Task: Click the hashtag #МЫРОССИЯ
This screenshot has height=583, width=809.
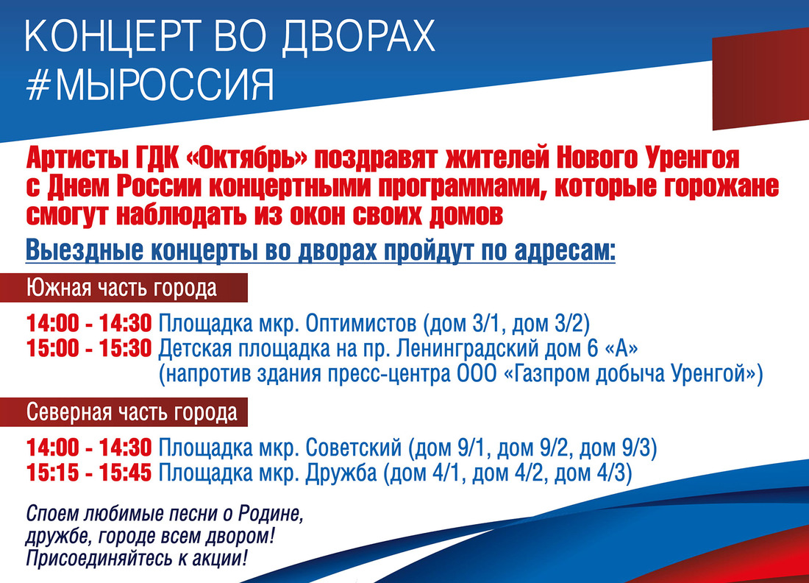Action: point(149,85)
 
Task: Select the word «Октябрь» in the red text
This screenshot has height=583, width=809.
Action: point(246,158)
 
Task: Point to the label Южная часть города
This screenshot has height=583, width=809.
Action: point(122,288)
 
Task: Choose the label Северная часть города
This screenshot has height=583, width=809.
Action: point(132,412)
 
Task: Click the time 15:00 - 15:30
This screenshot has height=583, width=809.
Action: point(89,349)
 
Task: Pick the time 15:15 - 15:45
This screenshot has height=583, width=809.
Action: point(89,473)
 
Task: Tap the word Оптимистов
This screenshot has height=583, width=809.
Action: point(361,323)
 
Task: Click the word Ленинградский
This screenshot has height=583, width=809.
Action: point(468,349)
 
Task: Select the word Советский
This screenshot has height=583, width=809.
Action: point(354,448)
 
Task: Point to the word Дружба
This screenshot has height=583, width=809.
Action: point(341,473)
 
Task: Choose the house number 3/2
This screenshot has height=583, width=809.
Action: point(569,324)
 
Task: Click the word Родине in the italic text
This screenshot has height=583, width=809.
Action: point(268,515)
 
